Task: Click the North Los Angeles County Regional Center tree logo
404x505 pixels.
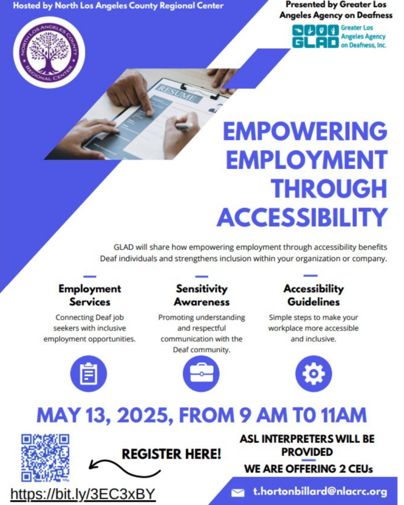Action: pyautogui.click(x=49, y=52)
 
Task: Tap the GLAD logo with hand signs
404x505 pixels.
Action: pyautogui.click(x=315, y=36)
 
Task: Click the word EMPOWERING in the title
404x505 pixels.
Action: pyautogui.click(x=305, y=131)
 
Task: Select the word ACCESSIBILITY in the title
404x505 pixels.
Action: pyautogui.click(x=302, y=217)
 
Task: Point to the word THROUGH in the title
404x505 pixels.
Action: pyautogui.click(x=329, y=188)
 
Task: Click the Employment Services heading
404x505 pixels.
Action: pyautogui.click(x=90, y=295)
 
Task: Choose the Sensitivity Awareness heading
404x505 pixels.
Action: pyautogui.click(x=202, y=295)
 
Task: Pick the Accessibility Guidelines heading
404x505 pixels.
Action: pyautogui.click(x=313, y=295)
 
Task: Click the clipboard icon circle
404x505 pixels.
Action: pyautogui.click(x=89, y=374)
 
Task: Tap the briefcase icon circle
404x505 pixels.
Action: pyautogui.click(x=201, y=374)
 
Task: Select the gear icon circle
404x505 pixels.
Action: pyautogui.click(x=313, y=374)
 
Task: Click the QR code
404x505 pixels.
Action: pyautogui.click(x=45, y=458)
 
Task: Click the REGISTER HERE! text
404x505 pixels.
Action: pyautogui.click(x=171, y=454)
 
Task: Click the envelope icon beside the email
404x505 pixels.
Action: pyautogui.click(x=238, y=493)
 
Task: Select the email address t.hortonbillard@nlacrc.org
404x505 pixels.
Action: pyautogui.click(x=320, y=492)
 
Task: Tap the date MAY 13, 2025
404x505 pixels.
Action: pyautogui.click(x=103, y=415)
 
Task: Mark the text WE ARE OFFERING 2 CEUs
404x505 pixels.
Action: pyautogui.click(x=308, y=469)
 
